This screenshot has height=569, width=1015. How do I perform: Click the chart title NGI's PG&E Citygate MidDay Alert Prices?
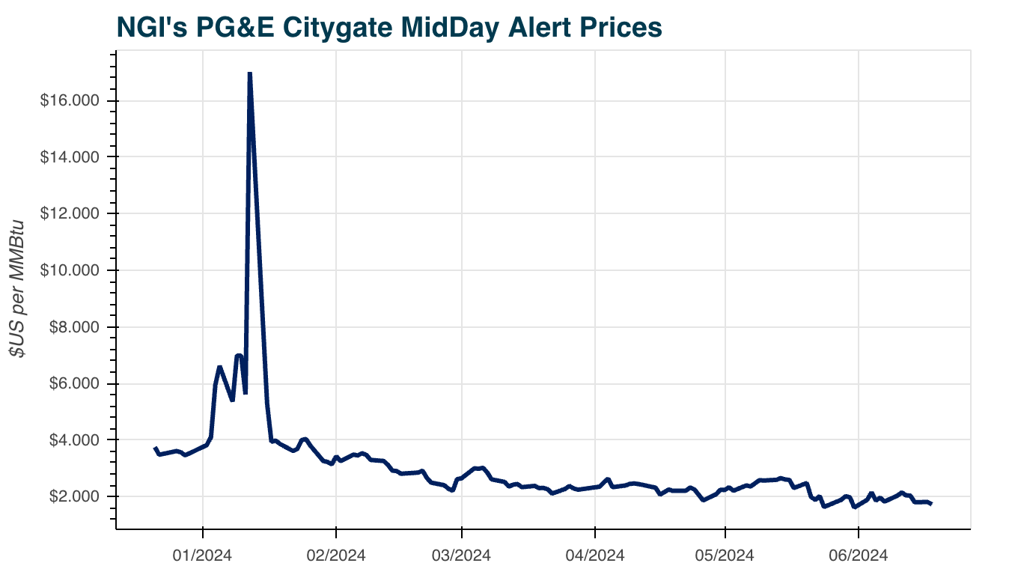388,27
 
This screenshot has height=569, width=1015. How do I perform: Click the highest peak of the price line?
249,73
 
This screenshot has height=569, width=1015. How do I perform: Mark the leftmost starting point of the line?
155,448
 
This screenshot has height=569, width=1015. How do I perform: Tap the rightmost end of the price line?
931,504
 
